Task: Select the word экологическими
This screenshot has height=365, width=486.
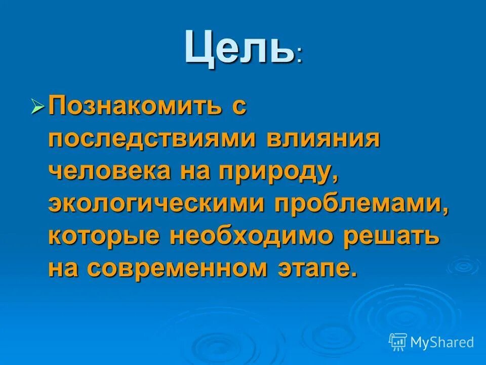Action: point(154,204)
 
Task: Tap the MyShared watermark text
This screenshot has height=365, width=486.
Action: point(442,343)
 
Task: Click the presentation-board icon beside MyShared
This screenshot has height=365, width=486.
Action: point(398,342)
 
